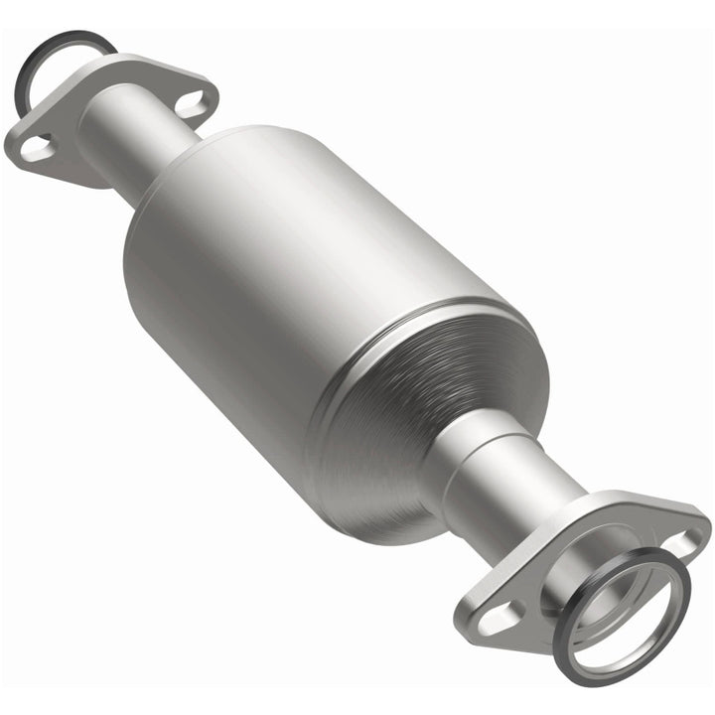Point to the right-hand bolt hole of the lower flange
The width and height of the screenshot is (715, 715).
coord(682,542)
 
